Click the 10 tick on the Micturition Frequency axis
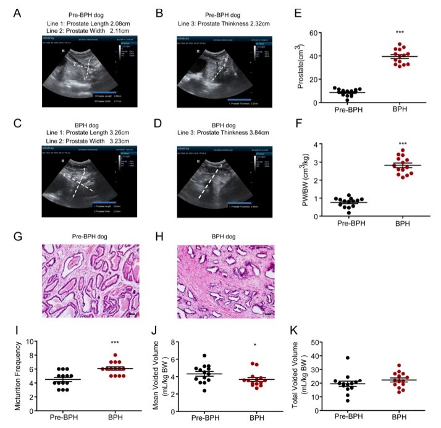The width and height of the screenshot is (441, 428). coord(34,342)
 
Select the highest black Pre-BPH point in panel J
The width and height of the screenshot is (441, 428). coord(205,356)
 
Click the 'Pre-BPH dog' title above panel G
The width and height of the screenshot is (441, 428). coord(90,236)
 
